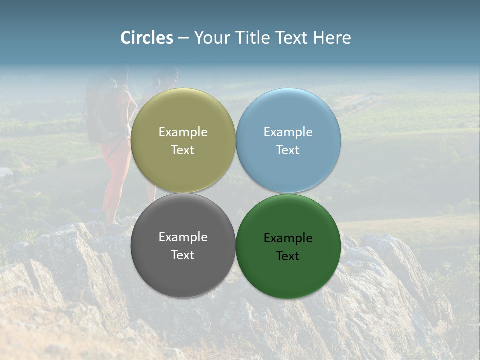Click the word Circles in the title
coord(147,38)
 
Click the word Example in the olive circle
coord(183,132)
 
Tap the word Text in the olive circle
coord(183,150)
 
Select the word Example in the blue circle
coord(288,132)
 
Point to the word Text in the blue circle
coord(288,150)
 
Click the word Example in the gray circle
coord(183,237)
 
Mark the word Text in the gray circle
coord(183,255)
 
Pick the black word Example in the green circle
coord(288,238)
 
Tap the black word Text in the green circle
coord(288,256)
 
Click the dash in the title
coord(183,38)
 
